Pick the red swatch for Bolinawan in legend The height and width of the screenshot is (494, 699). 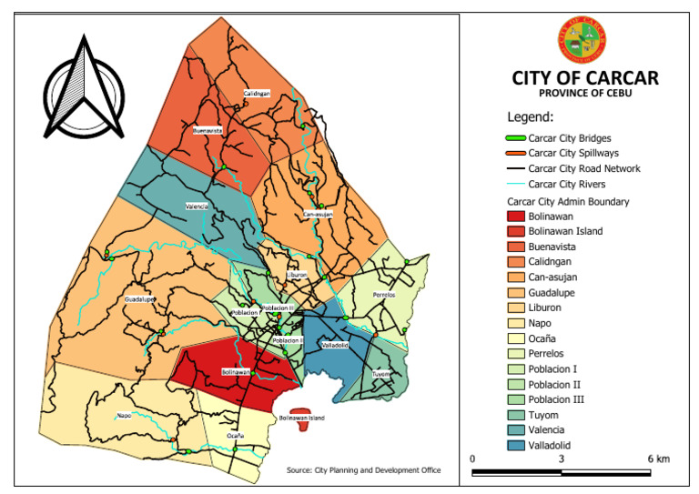pos(517,217)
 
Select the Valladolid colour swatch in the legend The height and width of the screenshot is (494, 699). pos(517,445)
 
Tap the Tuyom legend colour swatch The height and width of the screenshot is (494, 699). pos(517,414)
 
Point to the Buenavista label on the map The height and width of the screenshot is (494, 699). pos(208,131)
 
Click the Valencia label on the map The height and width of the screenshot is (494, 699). pos(198,207)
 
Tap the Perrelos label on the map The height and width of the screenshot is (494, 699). pos(385,295)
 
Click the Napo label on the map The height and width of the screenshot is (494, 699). pos(124,416)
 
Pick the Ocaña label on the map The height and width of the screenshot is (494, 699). pos(235,436)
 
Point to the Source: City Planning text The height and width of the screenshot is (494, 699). pos(363,470)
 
